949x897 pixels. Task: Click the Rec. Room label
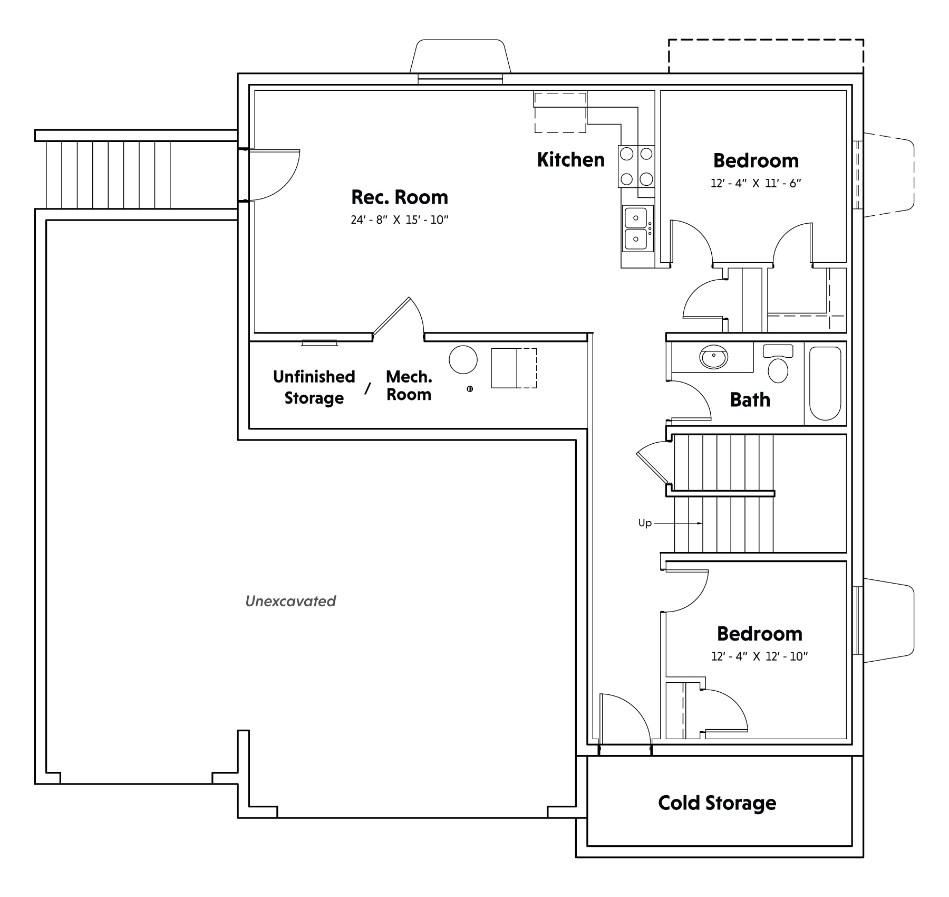[400, 197]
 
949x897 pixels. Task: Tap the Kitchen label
[571, 159]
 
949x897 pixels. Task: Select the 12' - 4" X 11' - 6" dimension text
[756, 184]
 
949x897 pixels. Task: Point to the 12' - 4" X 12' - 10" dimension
[760, 656]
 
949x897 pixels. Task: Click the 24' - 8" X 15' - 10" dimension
[400, 220]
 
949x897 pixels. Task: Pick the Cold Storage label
[717, 803]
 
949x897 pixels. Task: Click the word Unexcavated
[290, 601]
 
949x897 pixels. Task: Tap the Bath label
[750, 400]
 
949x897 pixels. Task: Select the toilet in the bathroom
[778, 364]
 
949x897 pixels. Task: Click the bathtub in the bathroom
[825, 383]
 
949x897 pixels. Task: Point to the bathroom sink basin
[714, 357]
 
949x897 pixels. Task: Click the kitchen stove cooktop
[636, 166]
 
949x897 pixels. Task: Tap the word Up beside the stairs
[645, 523]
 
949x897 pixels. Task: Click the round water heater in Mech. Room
[463, 360]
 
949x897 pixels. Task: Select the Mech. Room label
[409, 386]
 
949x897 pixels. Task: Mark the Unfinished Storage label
[314, 387]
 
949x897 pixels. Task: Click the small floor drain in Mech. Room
[470, 389]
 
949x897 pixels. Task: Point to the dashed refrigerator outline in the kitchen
[560, 112]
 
